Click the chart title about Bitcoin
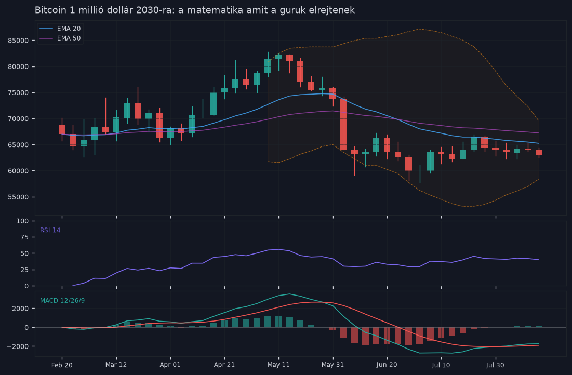[x=194, y=10]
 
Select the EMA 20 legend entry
[x=60, y=29]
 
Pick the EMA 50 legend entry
[x=60, y=38]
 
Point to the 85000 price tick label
[x=18, y=41]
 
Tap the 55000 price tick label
[x=18, y=197]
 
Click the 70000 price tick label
[x=18, y=119]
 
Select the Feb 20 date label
[x=62, y=365]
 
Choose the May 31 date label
[x=332, y=365]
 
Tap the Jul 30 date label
[x=496, y=365]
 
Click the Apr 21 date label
[x=224, y=365]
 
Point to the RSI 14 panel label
[x=50, y=230]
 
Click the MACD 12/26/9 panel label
[x=62, y=301]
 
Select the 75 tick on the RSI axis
[x=25, y=237]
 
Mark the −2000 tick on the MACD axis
[x=18, y=346]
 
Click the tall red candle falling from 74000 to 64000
[x=343, y=124]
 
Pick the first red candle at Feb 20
[x=62, y=129]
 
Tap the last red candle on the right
[x=539, y=153]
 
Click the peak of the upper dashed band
[x=419, y=29]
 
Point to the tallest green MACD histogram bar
[x=278, y=322]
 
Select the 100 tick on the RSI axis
[x=23, y=221]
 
